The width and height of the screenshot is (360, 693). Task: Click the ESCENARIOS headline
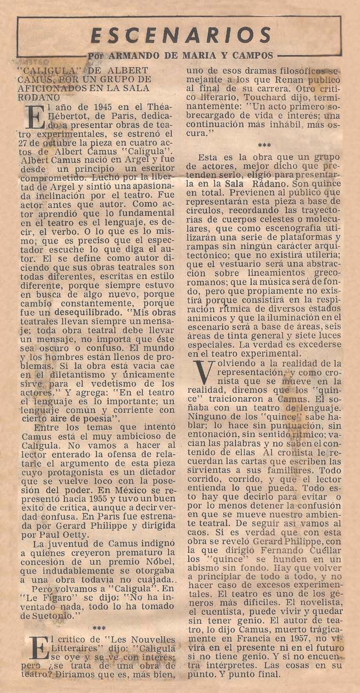[180, 35]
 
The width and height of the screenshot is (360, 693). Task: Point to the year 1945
[70, 107]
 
